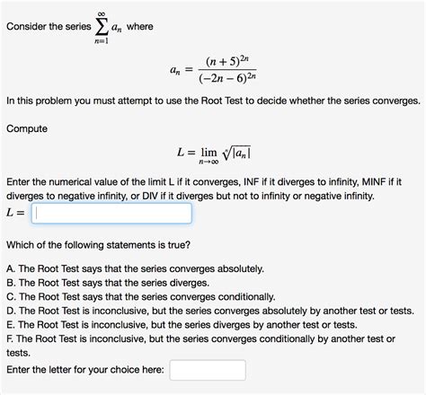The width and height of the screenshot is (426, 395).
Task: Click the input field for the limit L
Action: (x=111, y=214)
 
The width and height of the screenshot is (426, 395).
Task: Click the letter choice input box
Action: (x=207, y=371)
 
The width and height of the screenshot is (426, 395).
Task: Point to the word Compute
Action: (x=27, y=128)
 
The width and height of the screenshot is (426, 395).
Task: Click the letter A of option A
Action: (x=10, y=268)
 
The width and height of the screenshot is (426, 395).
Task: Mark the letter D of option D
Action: (x=10, y=312)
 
